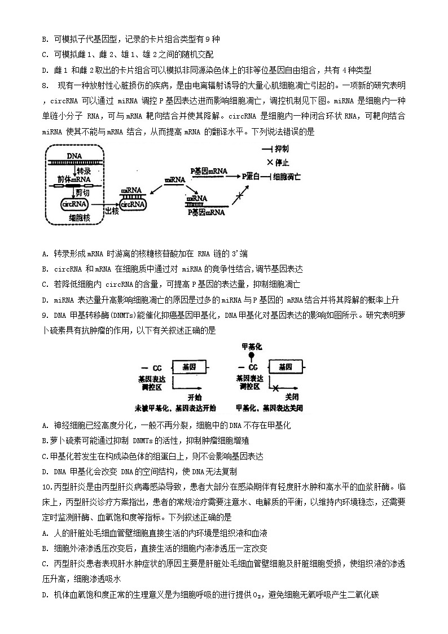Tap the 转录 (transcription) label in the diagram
coord(84,170)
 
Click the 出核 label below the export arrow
coord(112,211)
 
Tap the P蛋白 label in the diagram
coord(251,176)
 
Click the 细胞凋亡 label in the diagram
coord(287,176)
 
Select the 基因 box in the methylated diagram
coord(285,367)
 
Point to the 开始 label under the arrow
coord(195,396)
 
